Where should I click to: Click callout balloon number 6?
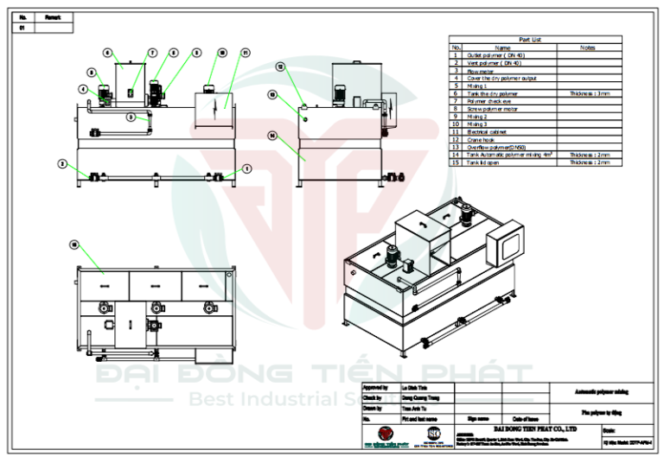click(108, 53)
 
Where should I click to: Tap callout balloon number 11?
click(246, 53)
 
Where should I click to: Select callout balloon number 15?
click(75, 244)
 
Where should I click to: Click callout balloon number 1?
click(246, 168)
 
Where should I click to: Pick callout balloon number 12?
click(280, 66)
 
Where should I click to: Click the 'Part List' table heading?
click(530, 40)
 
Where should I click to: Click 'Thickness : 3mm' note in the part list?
click(590, 93)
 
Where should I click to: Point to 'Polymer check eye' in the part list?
click(489, 101)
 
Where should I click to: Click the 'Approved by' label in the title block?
click(376, 388)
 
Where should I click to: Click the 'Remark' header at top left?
click(54, 16)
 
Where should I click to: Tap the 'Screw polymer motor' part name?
click(492, 109)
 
